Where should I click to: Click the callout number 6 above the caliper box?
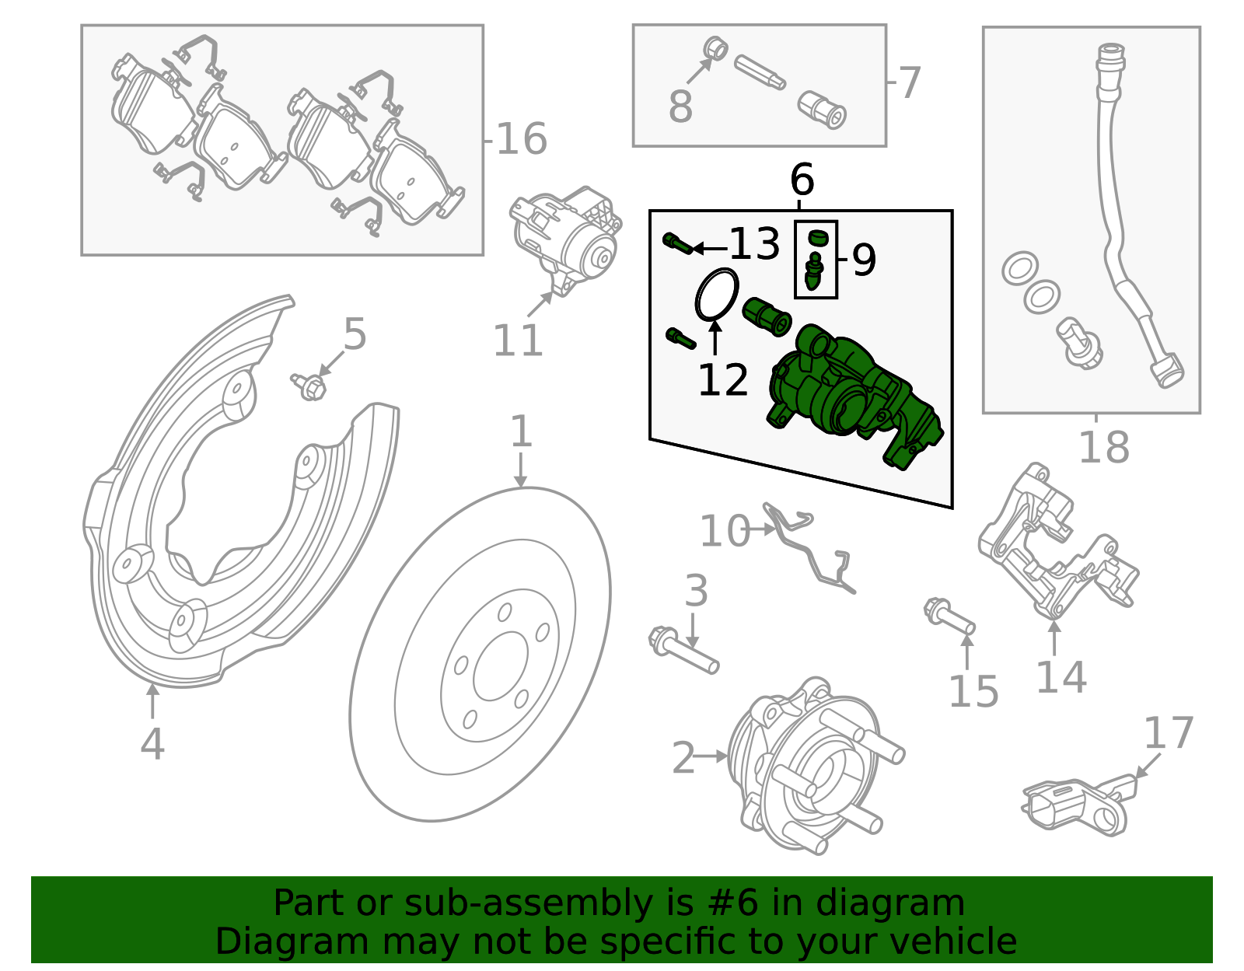tap(802, 180)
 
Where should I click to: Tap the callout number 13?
tap(754, 245)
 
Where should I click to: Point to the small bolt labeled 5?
tap(310, 386)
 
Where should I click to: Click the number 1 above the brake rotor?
tap(520, 432)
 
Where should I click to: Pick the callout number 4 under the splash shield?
tap(152, 744)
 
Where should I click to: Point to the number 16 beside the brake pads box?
tap(521, 140)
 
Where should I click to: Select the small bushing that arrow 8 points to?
tap(715, 48)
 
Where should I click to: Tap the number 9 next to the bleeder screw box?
tap(864, 260)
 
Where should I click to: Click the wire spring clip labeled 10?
tap(809, 544)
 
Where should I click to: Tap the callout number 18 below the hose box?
tap(1103, 449)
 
